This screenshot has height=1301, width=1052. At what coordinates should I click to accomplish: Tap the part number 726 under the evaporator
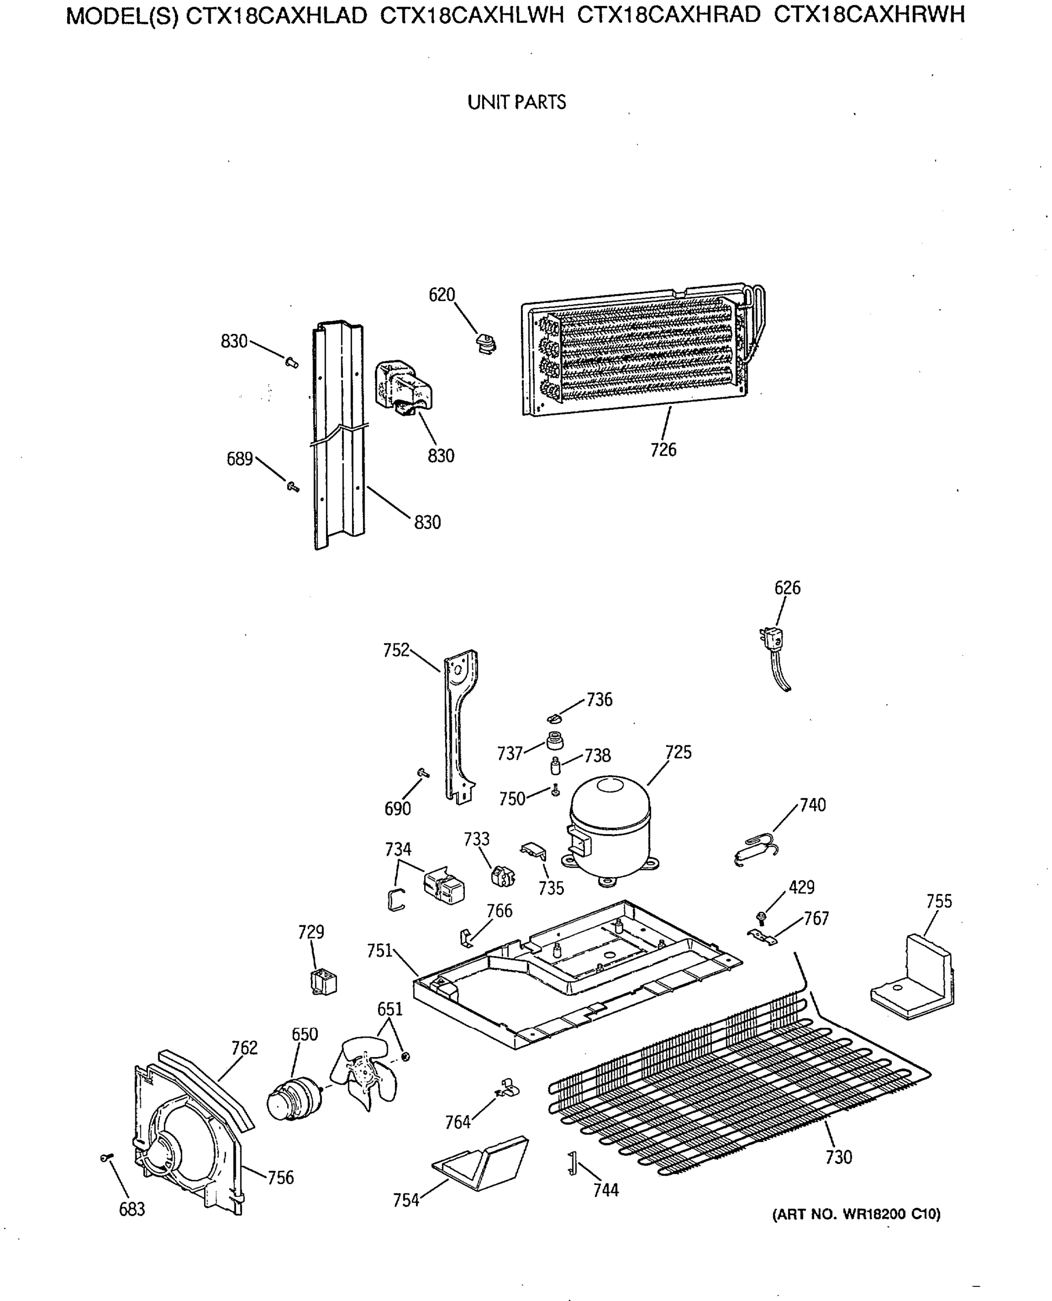[x=663, y=450]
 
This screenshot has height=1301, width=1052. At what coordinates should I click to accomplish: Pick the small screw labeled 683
[x=106, y=1158]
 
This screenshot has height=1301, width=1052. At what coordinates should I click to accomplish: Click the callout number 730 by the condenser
[x=839, y=1157]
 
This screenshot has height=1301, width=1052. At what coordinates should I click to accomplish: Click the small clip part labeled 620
[x=485, y=344]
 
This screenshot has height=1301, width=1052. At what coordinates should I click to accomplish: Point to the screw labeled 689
[x=293, y=486]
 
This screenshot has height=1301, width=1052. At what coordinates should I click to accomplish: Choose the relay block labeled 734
[x=444, y=887]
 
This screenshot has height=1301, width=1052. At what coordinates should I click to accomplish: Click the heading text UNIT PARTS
[x=516, y=102]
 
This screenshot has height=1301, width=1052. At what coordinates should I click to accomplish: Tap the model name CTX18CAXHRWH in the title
[x=869, y=15]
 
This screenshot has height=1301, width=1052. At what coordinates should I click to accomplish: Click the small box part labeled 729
[x=323, y=982]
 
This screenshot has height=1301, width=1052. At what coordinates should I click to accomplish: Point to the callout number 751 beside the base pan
[x=380, y=951]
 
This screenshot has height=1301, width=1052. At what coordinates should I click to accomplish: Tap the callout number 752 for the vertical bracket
[x=397, y=650]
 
